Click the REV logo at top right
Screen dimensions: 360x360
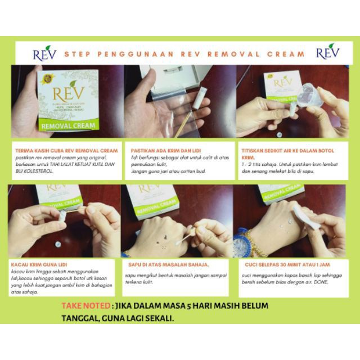click(x=327, y=53)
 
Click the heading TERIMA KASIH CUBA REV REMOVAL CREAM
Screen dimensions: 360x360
click(x=65, y=151)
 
